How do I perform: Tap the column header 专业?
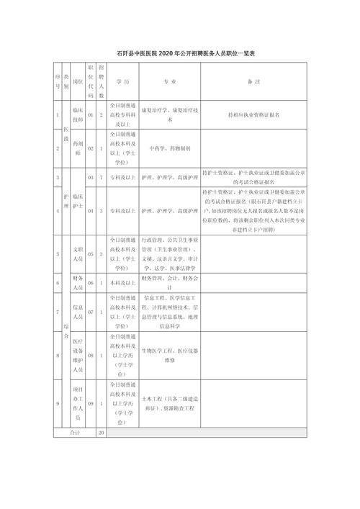point(169,82)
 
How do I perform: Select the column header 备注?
point(257,82)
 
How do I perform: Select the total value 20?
point(102,433)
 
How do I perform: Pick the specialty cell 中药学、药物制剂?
point(169,148)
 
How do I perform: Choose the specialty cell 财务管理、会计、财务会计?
point(169,277)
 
